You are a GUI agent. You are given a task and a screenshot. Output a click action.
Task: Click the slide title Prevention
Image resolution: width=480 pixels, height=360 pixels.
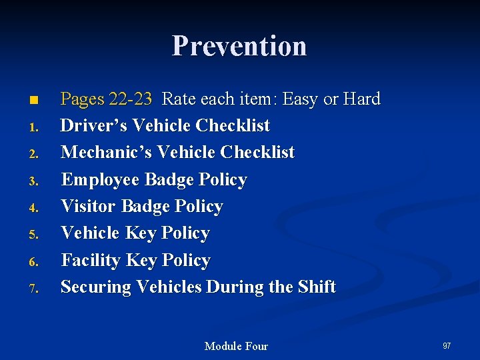tap(239, 46)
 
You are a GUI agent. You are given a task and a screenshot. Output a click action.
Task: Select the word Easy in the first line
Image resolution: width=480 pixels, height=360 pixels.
tap(300, 99)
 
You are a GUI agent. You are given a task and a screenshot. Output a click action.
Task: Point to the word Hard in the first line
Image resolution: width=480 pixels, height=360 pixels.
tap(361, 99)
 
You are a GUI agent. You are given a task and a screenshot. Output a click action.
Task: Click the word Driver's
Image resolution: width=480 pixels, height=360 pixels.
tap(95, 126)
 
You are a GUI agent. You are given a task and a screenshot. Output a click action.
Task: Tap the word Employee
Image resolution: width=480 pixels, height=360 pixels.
tap(100, 180)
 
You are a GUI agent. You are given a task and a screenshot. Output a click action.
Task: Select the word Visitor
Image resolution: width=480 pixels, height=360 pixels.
tap(88, 207)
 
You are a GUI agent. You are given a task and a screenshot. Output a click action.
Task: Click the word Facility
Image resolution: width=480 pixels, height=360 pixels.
tap(90, 260)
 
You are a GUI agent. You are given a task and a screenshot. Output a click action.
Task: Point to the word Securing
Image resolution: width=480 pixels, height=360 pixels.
tap(96, 287)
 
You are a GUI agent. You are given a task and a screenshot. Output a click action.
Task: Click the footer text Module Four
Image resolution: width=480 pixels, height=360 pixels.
tap(236, 346)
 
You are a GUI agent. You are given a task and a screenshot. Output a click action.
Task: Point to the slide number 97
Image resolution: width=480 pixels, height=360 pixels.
tap(447, 345)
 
